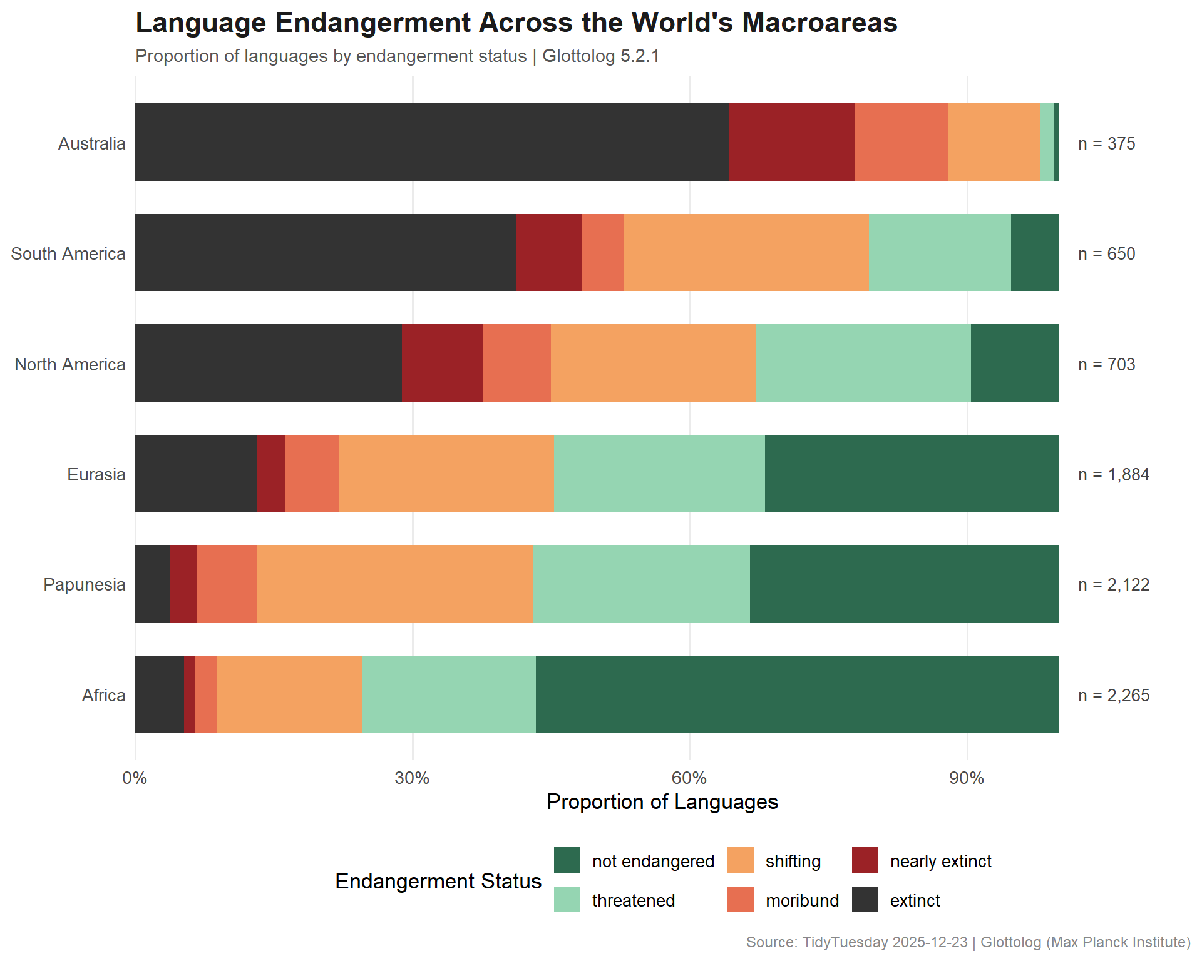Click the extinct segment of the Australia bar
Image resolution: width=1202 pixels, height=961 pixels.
[432, 142]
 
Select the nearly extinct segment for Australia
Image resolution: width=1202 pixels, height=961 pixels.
[791, 142]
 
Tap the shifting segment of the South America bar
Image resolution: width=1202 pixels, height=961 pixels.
[746, 253]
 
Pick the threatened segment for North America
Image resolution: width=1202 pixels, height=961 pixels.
[863, 363]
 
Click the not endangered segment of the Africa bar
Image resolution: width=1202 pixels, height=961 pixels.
[797, 694]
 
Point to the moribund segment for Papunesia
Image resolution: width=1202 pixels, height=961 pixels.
[227, 584]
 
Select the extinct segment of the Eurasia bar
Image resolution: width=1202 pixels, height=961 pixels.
[196, 474]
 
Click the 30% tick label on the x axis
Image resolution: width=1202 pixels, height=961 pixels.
[412, 778]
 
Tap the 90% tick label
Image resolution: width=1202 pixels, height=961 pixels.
[967, 778]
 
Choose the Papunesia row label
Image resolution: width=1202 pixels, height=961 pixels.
[85, 584]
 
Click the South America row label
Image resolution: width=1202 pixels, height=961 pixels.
[68, 253]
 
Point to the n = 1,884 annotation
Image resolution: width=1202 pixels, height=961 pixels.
[1114, 474]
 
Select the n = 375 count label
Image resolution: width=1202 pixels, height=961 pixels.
[1106, 143]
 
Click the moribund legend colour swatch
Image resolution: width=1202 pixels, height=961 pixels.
[740, 900]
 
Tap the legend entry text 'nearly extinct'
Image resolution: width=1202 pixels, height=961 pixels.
[940, 861]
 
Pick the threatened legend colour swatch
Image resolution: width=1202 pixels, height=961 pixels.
[567, 900]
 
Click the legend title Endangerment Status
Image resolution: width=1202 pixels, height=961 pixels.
[438, 881]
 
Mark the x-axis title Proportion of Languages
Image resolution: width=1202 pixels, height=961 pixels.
[662, 801]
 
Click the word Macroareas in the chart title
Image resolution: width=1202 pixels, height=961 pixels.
[819, 23]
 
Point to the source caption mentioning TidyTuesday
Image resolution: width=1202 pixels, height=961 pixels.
[968, 942]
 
